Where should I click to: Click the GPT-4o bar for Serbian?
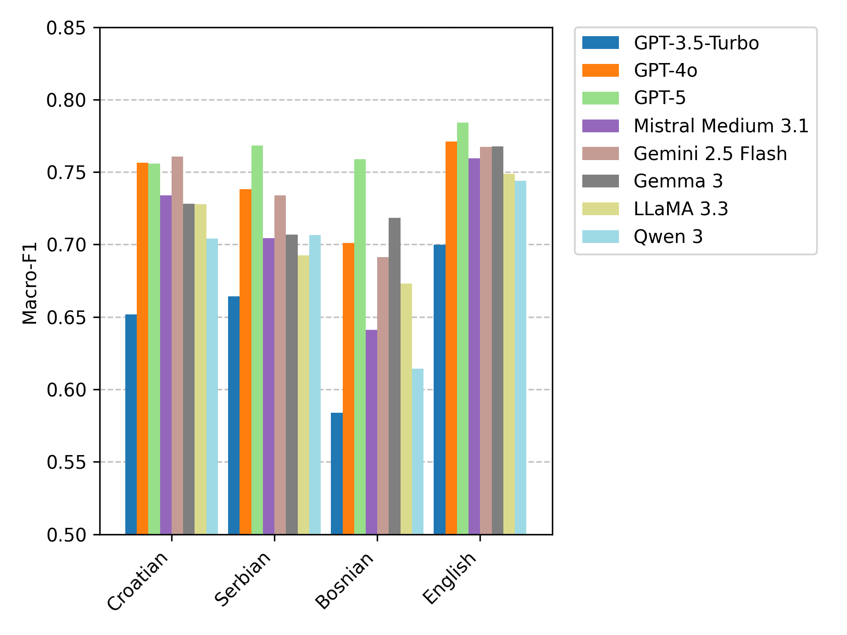click(x=245, y=362)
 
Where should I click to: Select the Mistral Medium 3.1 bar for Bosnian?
click(x=371, y=432)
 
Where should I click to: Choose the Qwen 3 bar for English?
click(x=521, y=357)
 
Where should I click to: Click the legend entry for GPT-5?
click(x=660, y=98)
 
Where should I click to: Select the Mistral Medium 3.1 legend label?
click(x=721, y=126)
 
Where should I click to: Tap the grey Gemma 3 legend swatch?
click(x=600, y=181)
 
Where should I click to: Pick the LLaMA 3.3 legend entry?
click(x=681, y=209)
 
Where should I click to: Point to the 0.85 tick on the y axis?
click(x=66, y=28)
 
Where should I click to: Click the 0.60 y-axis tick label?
click(x=66, y=390)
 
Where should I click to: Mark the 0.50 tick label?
click(x=66, y=535)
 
